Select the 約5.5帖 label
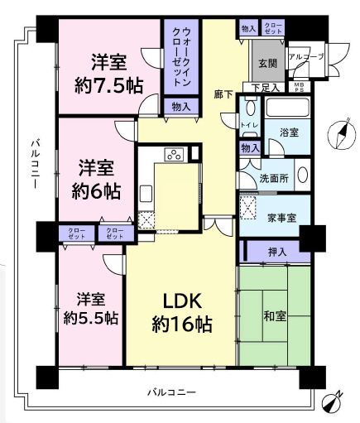coord(91,318)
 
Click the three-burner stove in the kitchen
coord(175,154)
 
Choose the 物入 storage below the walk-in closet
coord(180,106)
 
